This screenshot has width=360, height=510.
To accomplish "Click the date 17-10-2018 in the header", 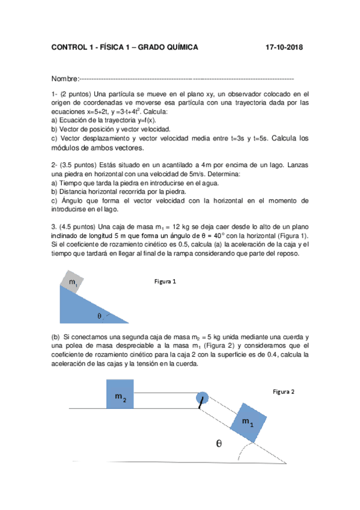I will pyautogui.click(x=284, y=48).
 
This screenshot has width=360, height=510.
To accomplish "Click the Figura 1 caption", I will pyautogui.click(x=165, y=281).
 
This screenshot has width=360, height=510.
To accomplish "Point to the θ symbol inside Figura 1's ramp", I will pyautogui.click(x=99, y=315).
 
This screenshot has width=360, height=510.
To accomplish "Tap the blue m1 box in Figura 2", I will pyautogui.click(x=248, y=422).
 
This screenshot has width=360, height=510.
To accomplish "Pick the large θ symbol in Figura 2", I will pyautogui.click(x=219, y=444).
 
